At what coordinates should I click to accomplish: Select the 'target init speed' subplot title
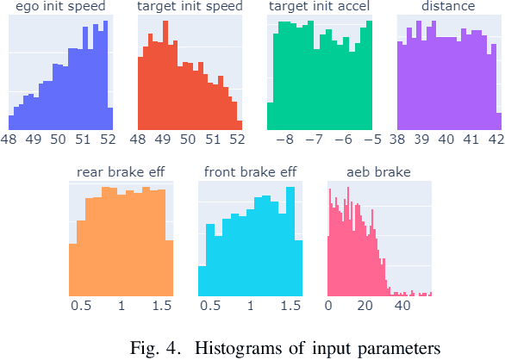190,7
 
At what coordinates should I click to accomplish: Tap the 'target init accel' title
319,7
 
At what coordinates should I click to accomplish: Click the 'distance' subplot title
448,7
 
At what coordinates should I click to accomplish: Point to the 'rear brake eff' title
121,172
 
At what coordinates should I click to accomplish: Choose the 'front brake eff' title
250,172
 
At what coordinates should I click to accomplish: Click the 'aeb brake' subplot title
379,172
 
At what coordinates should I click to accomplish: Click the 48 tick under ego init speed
9,138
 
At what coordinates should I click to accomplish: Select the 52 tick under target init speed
236,138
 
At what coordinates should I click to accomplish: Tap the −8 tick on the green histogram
285,138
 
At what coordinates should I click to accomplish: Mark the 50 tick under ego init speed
59,138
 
